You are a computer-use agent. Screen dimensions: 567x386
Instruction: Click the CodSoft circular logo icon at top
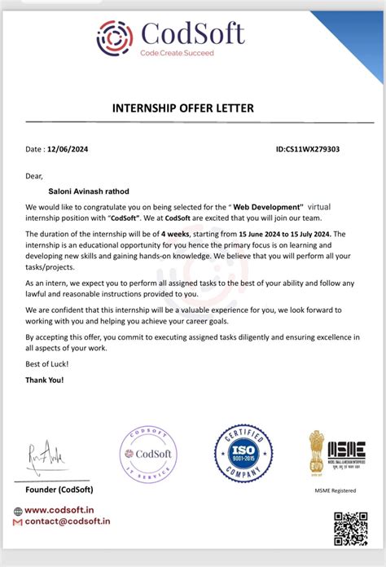114,37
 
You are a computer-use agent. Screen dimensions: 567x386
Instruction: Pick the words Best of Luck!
46,363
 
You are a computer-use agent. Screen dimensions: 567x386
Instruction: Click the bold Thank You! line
44,380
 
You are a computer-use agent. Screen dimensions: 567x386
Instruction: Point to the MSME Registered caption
336,490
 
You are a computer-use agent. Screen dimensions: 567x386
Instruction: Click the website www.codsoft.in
67,511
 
